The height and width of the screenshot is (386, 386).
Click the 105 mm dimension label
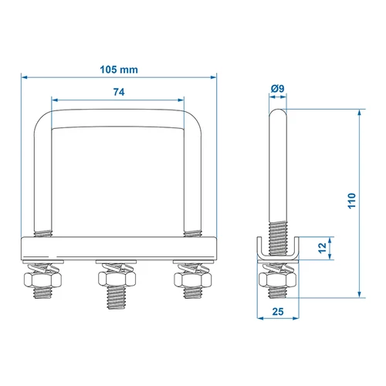pyautogui.click(x=119, y=69)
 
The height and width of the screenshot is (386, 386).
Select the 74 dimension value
pyautogui.click(x=119, y=91)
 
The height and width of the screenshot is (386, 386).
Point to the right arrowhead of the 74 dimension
pyautogui.click(x=183, y=100)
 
